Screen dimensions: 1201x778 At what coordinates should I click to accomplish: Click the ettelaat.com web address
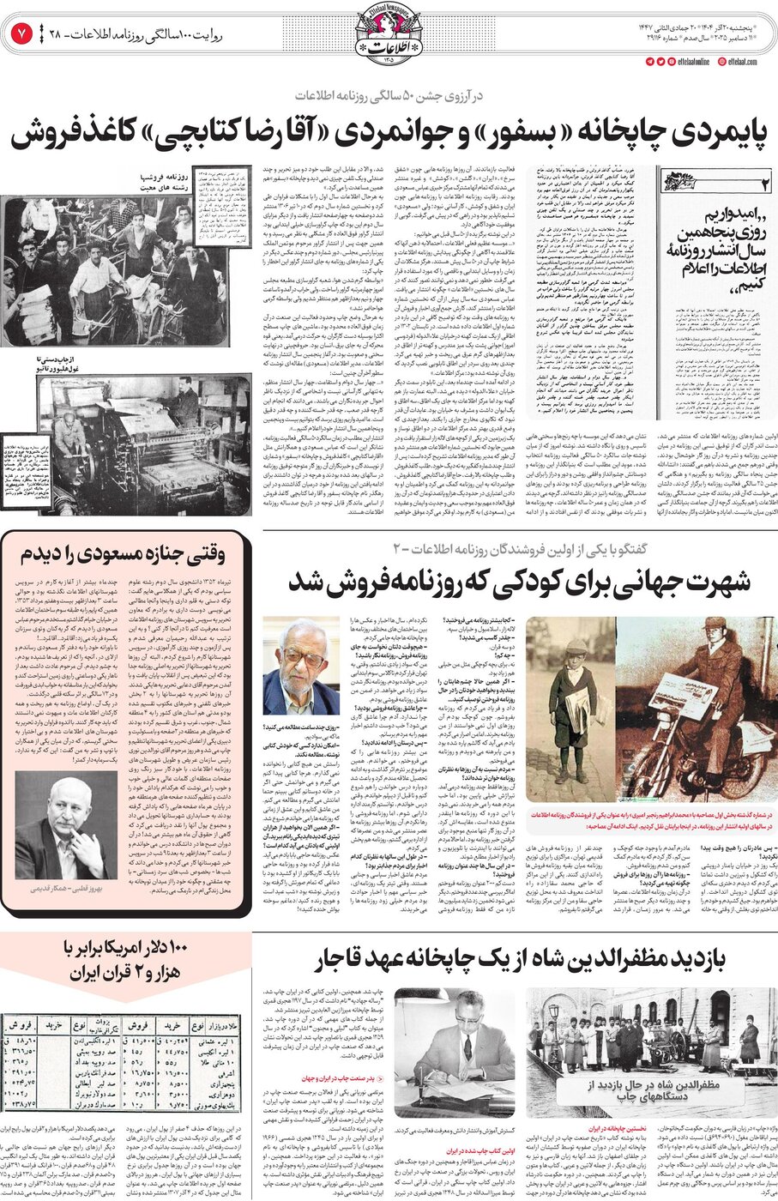pyautogui.click(x=746, y=62)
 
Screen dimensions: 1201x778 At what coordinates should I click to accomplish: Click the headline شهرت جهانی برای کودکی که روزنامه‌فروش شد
pyautogui.click(x=520, y=580)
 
